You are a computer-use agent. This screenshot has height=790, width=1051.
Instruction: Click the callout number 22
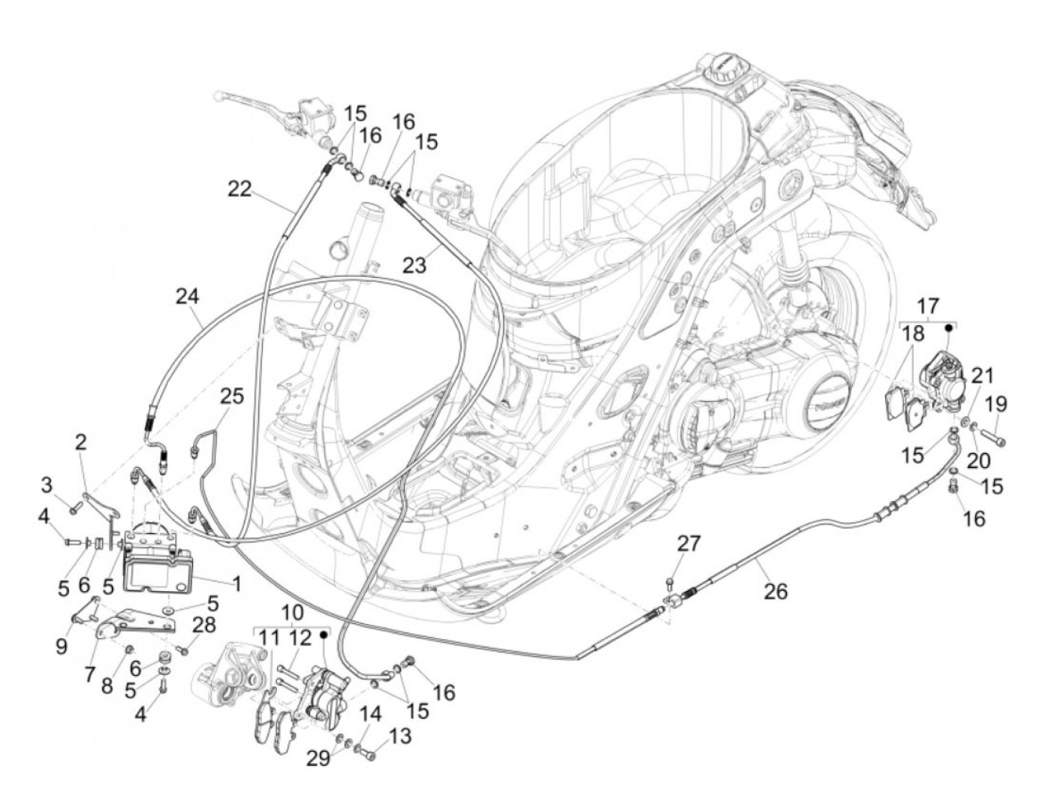239,189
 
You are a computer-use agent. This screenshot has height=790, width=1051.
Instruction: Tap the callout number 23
414,264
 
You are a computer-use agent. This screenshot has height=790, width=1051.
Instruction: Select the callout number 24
187,297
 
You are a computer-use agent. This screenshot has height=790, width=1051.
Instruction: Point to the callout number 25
232,397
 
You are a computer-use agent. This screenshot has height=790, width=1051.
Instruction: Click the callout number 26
775,592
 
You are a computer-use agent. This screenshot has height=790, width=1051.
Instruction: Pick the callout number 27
688,544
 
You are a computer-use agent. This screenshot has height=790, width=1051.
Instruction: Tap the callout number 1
236,583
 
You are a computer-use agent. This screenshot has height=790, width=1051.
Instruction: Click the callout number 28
203,625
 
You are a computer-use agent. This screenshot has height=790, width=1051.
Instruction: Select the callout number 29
318,758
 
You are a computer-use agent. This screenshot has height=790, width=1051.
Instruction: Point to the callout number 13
399,736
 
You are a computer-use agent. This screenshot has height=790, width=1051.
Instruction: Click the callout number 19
995,405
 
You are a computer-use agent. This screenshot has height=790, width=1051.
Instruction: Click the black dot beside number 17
947,327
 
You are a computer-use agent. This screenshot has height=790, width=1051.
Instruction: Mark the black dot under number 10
324,634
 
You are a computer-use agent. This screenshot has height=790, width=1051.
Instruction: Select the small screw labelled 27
670,583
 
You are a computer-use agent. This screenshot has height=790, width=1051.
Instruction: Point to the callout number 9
62,647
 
